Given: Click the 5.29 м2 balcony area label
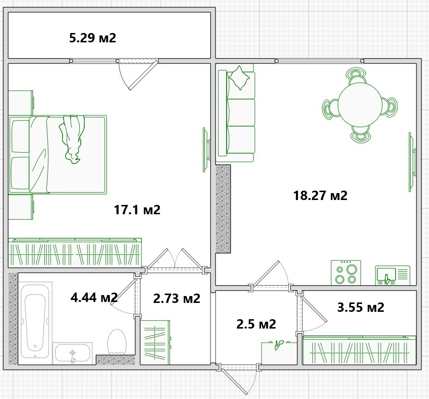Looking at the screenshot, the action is coord(93,38).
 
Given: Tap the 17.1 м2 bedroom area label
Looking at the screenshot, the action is coord(137,210).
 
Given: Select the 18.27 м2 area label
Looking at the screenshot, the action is coord(320,196).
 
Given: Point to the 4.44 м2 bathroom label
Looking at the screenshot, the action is coord(94,297).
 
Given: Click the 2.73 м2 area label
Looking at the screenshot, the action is coord(177,299).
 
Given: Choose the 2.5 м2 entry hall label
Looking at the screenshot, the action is coord(256,324).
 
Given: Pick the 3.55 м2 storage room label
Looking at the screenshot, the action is coord(361,307).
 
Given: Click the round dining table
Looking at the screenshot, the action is coord(360,105).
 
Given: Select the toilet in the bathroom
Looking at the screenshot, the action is coord(117,342).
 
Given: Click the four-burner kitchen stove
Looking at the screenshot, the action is coord(346,272).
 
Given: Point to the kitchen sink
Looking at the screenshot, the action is coord(393,275).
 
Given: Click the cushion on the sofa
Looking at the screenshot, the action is coord(239,78).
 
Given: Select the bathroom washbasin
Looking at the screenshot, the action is coord(72,353).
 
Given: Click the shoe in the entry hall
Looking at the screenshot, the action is coord(279,345).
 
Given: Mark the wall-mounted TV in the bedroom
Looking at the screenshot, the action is coord(206,150).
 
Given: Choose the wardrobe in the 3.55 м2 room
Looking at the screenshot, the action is coord(359,350).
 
